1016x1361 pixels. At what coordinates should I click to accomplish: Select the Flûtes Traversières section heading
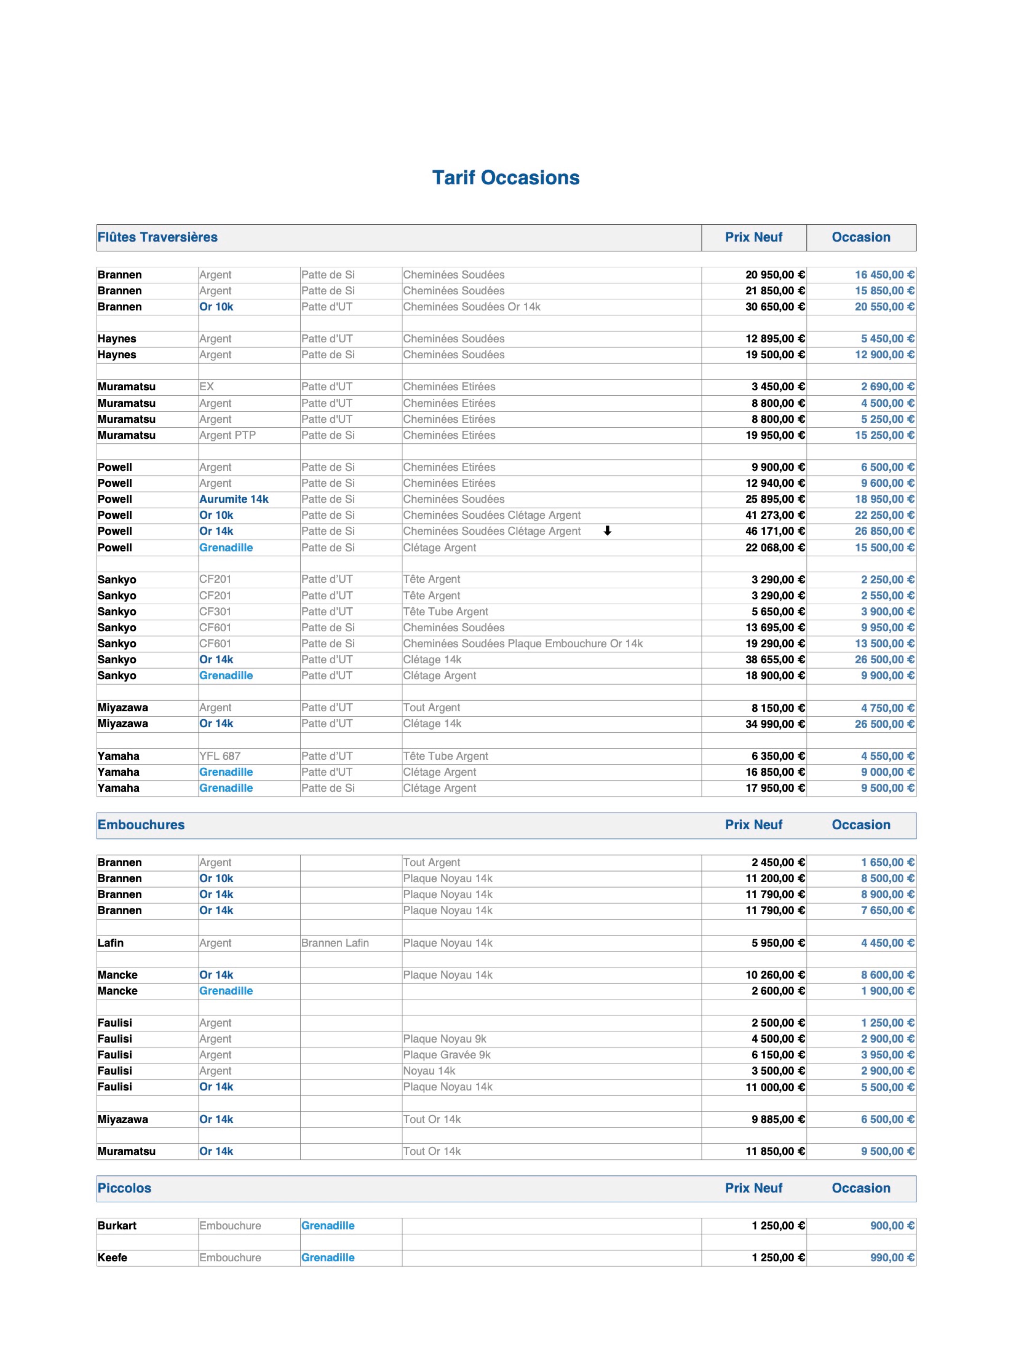[x=157, y=237]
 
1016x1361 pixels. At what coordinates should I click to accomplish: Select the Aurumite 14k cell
[x=234, y=499]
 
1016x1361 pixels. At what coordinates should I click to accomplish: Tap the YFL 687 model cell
[x=220, y=756]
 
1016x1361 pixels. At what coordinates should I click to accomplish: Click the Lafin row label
[x=111, y=943]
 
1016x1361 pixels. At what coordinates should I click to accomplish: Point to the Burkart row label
[x=117, y=1226]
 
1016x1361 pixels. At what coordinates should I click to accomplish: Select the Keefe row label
[x=112, y=1258]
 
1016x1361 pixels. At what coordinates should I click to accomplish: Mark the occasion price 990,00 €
[x=892, y=1258]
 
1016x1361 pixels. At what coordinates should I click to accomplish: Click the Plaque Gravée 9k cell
[x=447, y=1055]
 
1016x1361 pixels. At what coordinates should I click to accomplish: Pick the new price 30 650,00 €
[x=774, y=307]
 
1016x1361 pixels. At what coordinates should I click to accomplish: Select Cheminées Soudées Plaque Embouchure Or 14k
[x=523, y=644]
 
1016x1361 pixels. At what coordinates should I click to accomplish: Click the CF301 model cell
[x=215, y=612]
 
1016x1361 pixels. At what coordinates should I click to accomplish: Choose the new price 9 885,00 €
[x=777, y=1120]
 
